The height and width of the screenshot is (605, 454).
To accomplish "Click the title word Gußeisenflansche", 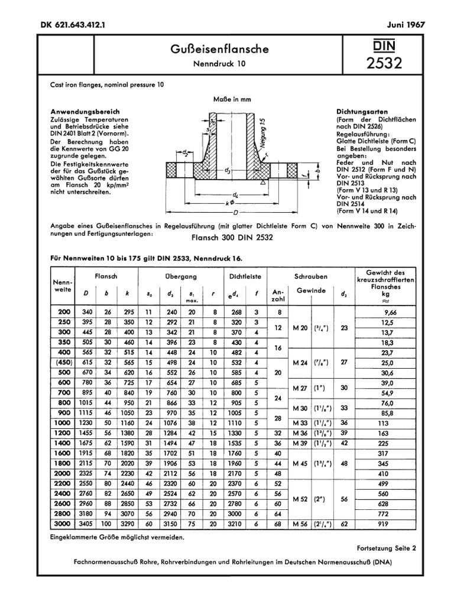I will click(219, 50).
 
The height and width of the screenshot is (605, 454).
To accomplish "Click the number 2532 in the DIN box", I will click(384, 63).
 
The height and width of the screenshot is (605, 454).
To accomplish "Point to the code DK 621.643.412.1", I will click(69, 25).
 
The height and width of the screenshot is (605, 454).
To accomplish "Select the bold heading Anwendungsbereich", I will click(85, 112).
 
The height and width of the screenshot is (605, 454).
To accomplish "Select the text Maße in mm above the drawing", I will click(232, 99).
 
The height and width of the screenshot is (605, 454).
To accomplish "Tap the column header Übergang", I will click(180, 276).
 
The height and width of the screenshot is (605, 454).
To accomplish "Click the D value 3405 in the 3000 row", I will click(86, 524).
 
